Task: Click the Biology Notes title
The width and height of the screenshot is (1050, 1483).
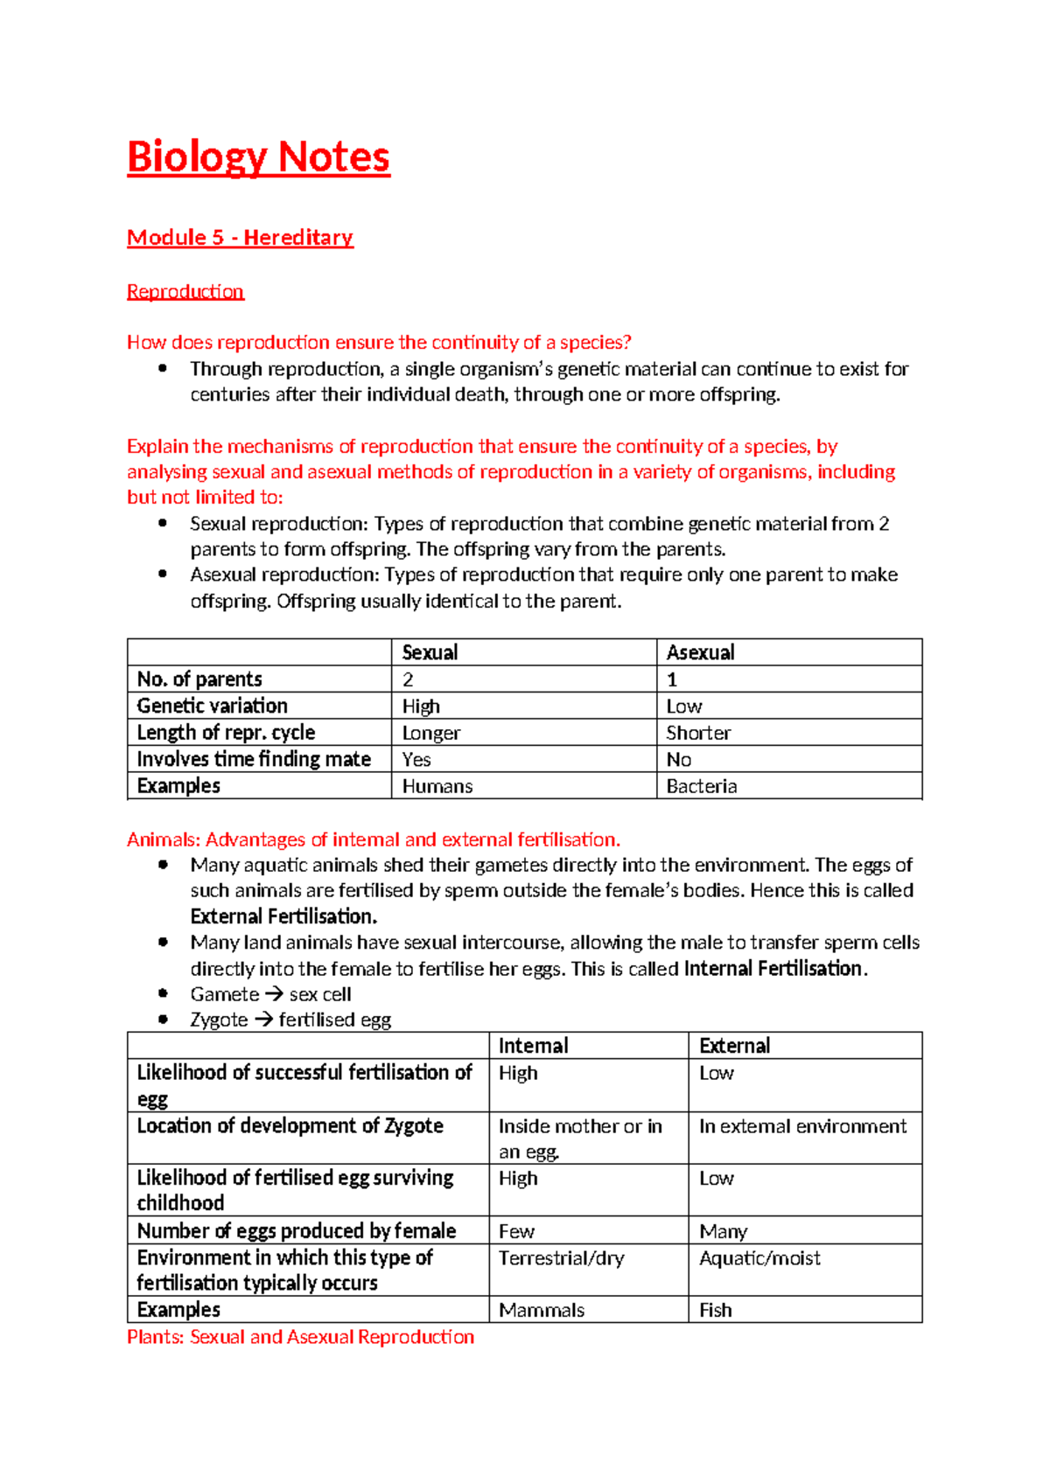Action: click(x=258, y=157)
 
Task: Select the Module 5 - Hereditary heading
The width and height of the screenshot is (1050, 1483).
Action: click(x=240, y=238)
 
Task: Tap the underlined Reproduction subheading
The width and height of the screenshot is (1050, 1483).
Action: click(x=185, y=291)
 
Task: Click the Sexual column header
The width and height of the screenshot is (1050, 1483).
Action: click(x=430, y=652)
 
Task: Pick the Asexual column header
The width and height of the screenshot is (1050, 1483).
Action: click(x=700, y=652)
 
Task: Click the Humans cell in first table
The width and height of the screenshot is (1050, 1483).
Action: click(x=437, y=786)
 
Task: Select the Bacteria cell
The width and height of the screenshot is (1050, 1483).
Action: click(x=701, y=786)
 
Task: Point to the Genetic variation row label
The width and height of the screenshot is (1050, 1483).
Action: click(x=212, y=706)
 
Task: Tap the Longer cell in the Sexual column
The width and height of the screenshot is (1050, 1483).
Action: click(x=430, y=733)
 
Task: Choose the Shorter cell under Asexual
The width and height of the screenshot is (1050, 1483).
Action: click(x=697, y=733)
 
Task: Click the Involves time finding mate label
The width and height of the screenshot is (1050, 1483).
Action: click(x=254, y=759)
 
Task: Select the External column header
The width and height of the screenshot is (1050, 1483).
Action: click(x=734, y=1046)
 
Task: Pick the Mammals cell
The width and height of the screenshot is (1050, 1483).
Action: click(x=542, y=1310)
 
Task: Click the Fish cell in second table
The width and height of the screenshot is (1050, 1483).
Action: click(x=715, y=1310)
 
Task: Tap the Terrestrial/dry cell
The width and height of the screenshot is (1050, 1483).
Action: click(x=561, y=1258)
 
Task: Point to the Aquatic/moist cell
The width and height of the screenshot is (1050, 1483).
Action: click(x=759, y=1258)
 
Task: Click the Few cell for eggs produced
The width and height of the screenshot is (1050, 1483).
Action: click(x=516, y=1231)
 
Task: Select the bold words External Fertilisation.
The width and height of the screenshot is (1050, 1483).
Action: click(x=283, y=916)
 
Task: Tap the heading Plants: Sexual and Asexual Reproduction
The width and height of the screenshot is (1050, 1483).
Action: click(x=300, y=1337)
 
